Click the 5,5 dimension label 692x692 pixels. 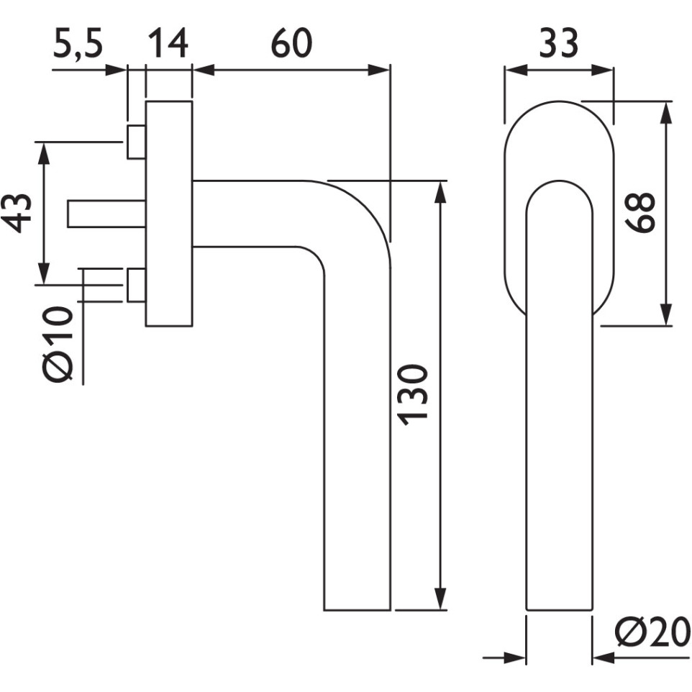click(x=78, y=45)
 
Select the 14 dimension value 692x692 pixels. click(x=169, y=44)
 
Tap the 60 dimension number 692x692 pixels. click(x=291, y=44)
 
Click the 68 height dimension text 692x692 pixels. click(x=639, y=213)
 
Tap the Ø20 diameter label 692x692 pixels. click(x=650, y=633)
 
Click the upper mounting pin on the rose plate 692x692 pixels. click(x=136, y=142)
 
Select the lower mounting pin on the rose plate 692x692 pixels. click(x=136, y=285)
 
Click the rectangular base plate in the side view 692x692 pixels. click(x=169, y=214)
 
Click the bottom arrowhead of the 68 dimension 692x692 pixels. click(x=667, y=317)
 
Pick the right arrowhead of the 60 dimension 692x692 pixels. click(x=381, y=70)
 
